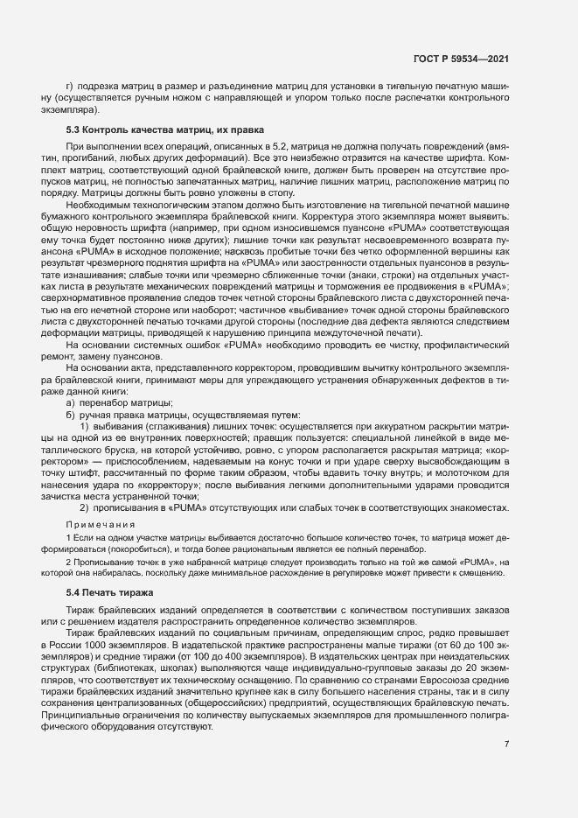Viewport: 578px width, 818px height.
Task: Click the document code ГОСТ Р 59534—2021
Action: point(462,59)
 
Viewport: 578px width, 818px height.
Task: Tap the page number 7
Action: point(506,745)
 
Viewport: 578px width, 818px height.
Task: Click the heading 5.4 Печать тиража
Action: point(110,593)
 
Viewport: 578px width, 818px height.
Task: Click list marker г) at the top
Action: point(69,86)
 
